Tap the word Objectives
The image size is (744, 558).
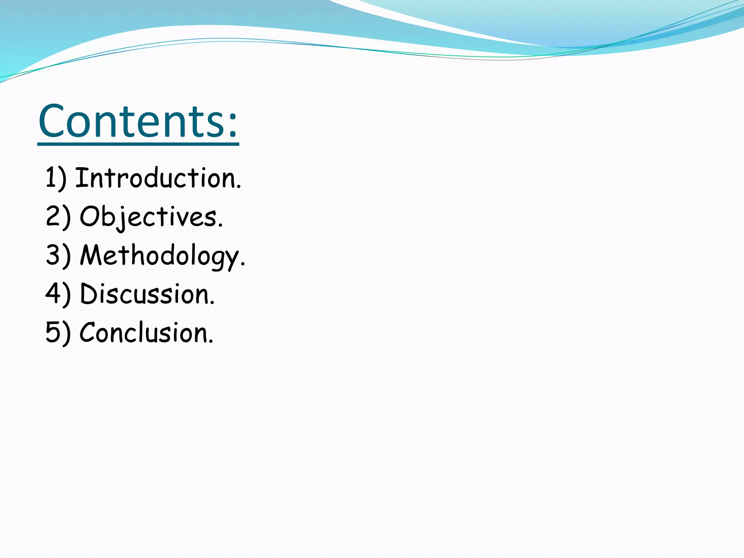148,217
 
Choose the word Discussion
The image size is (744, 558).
144,294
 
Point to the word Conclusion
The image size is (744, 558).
143,333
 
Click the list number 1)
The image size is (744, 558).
56,178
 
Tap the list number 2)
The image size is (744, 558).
58,217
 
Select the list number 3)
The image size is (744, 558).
58,256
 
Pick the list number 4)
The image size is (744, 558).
58,294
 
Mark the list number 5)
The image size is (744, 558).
58,333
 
